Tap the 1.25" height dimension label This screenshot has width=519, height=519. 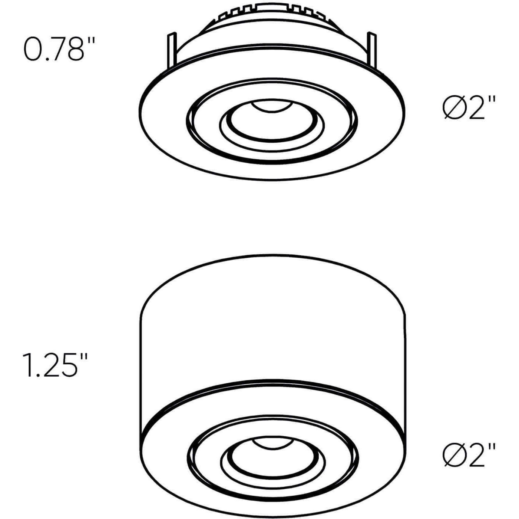pyautogui.click(x=56, y=366)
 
